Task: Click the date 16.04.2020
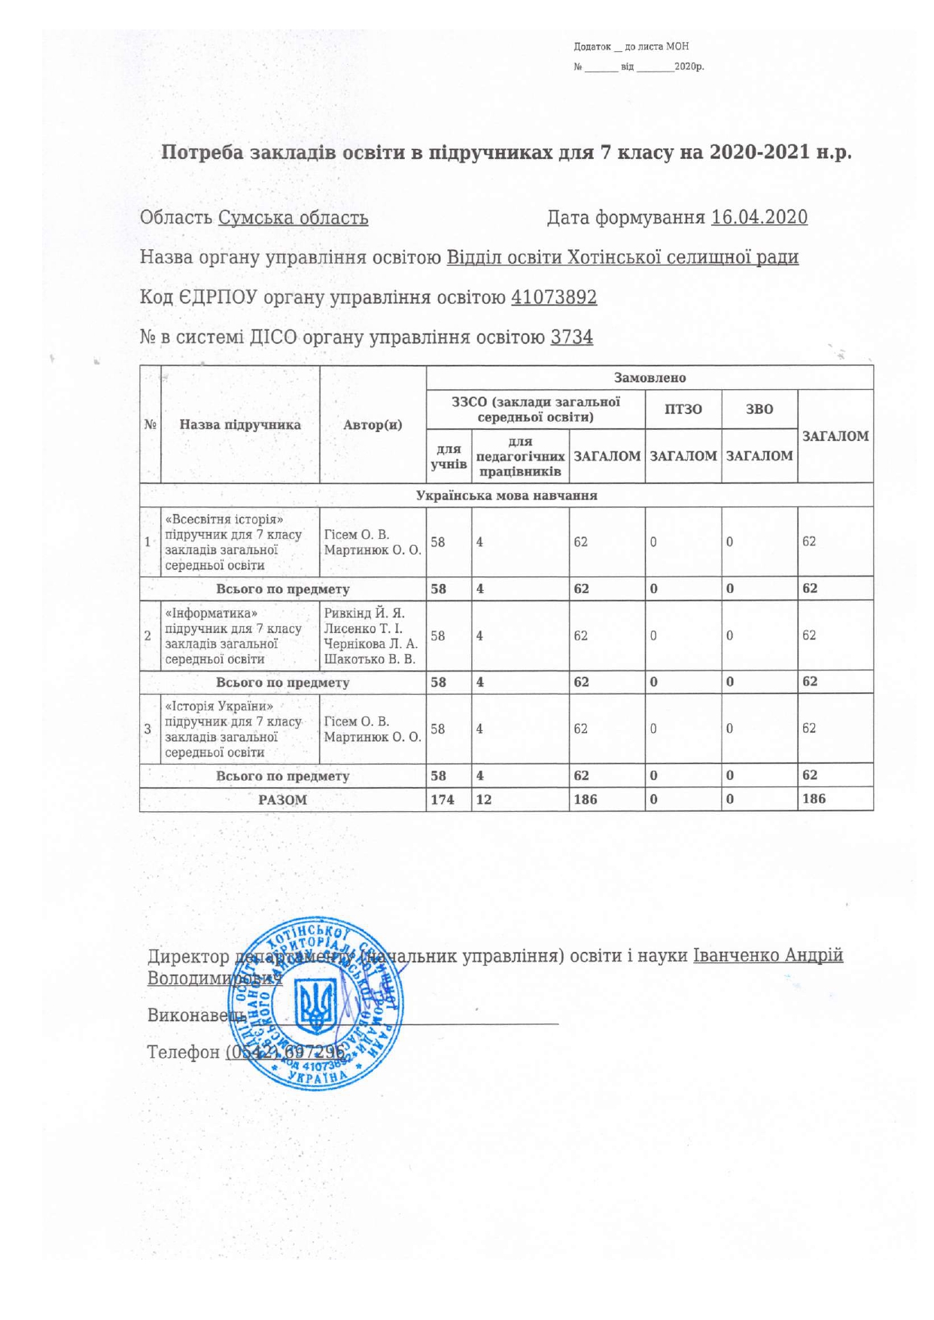tap(759, 217)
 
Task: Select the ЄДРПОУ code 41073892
tap(554, 297)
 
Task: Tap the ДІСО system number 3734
tap(572, 337)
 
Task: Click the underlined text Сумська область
tap(293, 218)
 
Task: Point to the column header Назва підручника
tap(240, 424)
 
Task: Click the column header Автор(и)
tap(373, 424)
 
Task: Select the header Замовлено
tap(650, 378)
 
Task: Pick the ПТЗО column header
tap(683, 409)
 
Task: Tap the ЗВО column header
tap(759, 409)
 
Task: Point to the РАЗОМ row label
tap(282, 800)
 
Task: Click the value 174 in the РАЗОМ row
tap(443, 799)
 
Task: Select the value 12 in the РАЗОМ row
tap(483, 799)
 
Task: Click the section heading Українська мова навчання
tap(507, 495)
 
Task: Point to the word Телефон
tap(183, 1051)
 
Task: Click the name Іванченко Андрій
tap(768, 956)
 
